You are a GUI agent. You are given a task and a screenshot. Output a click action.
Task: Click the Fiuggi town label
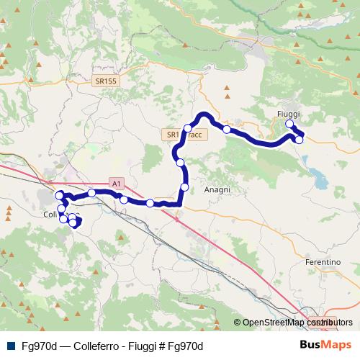[287, 114]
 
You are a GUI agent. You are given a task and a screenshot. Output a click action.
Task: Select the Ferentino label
[322, 262]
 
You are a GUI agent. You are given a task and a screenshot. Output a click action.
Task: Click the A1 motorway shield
[117, 184]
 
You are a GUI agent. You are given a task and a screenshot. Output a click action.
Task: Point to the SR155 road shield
[105, 82]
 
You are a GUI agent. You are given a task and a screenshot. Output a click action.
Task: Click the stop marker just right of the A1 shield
[124, 199]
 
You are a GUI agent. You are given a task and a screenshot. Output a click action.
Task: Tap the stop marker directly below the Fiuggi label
[290, 125]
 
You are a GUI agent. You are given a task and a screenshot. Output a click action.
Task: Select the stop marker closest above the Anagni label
[184, 187]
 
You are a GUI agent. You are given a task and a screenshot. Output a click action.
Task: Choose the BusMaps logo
[321, 344]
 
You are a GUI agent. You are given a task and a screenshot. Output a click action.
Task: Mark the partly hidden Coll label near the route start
[50, 215]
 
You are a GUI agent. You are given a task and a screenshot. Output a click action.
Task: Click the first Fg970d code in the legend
[39, 345]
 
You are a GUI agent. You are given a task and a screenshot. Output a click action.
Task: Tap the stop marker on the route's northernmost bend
[188, 128]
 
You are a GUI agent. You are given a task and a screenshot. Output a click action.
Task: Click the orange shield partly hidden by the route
[171, 135]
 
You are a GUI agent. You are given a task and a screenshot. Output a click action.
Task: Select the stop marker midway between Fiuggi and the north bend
[227, 130]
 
